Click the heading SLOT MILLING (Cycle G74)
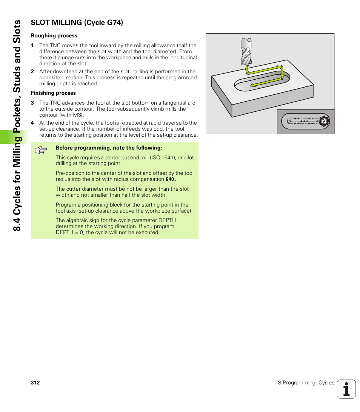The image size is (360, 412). pos(77,22)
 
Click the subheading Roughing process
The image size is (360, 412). pos(54,36)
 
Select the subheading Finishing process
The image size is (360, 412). pos(53,93)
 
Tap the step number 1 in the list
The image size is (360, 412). pos(32,46)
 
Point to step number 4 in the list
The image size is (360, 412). pos(32,123)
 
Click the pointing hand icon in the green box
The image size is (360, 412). pos(40,151)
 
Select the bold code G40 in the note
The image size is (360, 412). pos(171,179)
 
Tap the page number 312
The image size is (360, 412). pos(35,383)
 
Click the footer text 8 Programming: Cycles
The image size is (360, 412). pos(306,383)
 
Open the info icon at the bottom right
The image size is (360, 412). pos(346,389)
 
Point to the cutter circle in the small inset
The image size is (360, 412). pos(324,121)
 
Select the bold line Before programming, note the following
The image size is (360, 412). pos(109,148)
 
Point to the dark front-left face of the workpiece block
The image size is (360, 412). pos(221,98)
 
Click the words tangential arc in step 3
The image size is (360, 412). pos(179,103)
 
